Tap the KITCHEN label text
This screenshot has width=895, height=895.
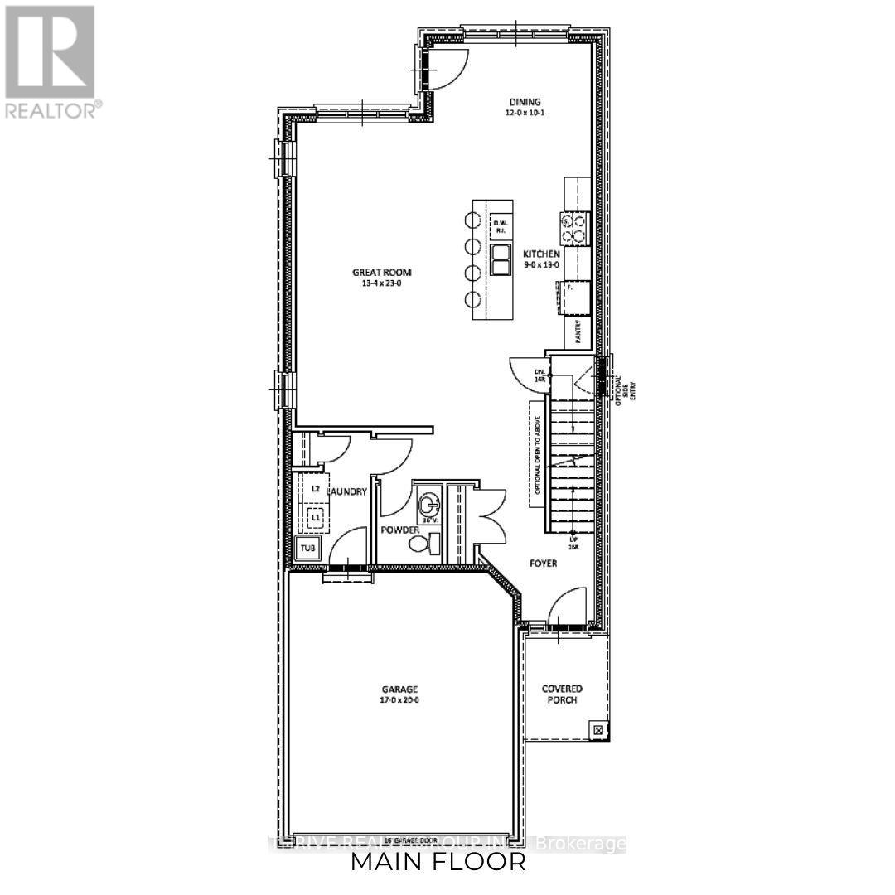pos(542,254)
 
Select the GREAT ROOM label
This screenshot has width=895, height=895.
pos(381,273)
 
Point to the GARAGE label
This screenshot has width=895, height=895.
pos(399,689)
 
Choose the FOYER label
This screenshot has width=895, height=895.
pos(543,564)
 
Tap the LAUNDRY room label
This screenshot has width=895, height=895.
pos(346,491)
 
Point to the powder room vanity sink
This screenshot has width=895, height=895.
pos(429,504)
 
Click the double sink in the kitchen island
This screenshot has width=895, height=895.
pos(501,259)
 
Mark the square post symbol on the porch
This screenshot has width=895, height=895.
pos(598,729)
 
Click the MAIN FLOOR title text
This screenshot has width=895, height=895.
pos(438,862)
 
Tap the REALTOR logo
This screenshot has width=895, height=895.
pos(51,60)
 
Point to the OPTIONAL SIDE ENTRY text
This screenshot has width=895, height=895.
pos(622,385)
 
